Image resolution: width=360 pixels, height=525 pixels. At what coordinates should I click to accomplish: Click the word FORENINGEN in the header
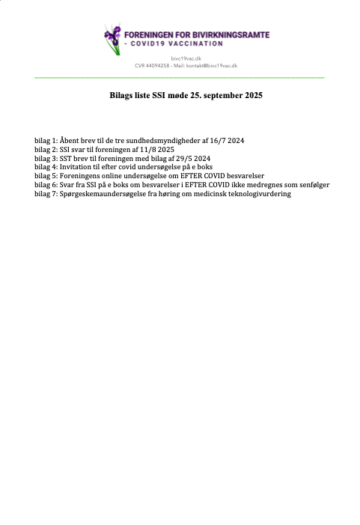(x=146, y=34)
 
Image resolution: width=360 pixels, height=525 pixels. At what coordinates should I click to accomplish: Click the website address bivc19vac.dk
(x=186, y=58)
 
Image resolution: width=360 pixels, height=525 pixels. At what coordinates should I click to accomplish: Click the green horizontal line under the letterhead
(x=180, y=77)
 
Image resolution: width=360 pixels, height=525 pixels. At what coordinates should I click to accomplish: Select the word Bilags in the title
(x=121, y=97)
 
